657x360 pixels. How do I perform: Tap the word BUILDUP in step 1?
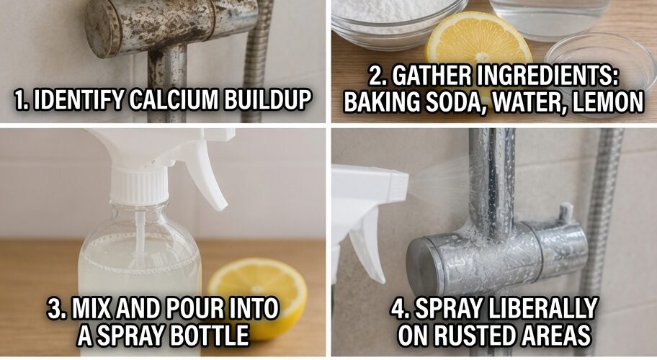(x=267, y=99)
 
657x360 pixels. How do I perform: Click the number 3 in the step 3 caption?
(x=55, y=308)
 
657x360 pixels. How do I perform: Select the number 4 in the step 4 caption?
(x=399, y=308)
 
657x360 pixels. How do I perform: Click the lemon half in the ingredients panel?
(x=478, y=40)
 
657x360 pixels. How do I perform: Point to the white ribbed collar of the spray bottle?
(x=140, y=186)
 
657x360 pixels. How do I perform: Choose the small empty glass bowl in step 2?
(x=602, y=58)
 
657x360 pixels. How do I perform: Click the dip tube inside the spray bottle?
(x=140, y=235)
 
